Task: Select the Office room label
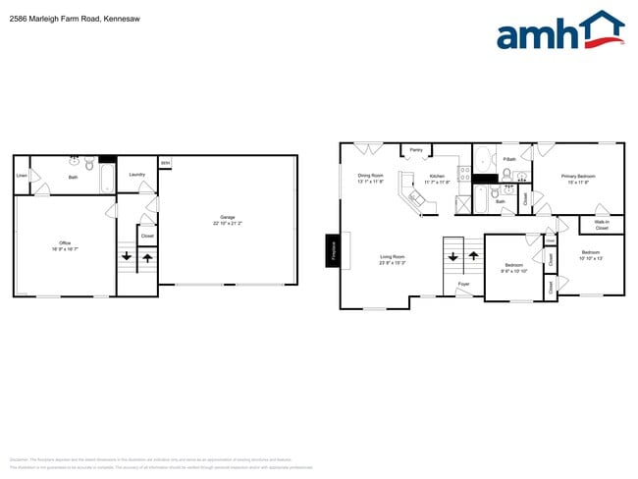coord(65,243)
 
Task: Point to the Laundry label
coord(137,175)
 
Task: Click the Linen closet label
coord(22,177)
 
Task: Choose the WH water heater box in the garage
coord(165,163)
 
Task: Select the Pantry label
coord(416,150)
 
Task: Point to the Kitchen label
coord(437,177)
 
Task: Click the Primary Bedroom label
coord(578,177)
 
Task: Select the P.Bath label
coord(509,159)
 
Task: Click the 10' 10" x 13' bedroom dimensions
coord(590,258)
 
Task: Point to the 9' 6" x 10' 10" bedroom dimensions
coord(515,270)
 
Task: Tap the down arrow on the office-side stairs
coord(127,259)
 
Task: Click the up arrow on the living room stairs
coord(471,257)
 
